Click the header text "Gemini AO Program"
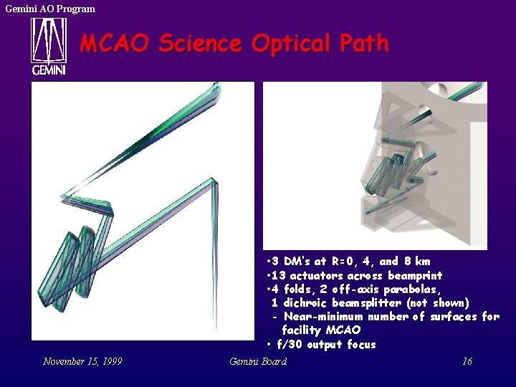[x=50, y=9]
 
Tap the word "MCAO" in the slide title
[x=115, y=44]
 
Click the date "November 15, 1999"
[x=82, y=361]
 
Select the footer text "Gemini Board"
[x=258, y=361]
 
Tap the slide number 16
[x=467, y=361]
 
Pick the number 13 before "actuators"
[x=278, y=276]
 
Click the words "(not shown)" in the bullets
[x=436, y=303]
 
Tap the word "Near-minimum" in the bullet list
[x=323, y=317]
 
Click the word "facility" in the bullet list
[x=302, y=330]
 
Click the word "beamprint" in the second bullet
[x=415, y=276]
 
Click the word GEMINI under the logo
[x=48, y=70]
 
